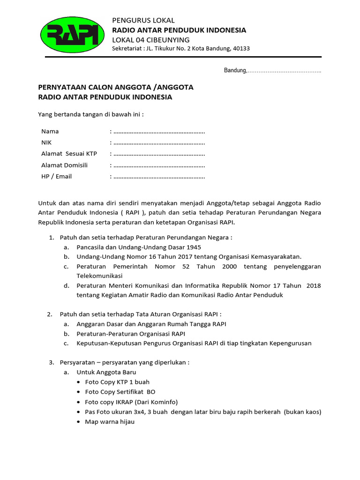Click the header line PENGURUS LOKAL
(143, 20)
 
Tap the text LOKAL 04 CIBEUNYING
(150, 39)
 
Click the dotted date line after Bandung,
(285, 71)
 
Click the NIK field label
(46, 142)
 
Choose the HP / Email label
(56, 177)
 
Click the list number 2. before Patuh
(50, 314)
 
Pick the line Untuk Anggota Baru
(106, 372)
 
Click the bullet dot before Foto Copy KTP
(78, 382)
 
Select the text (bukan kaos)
(303, 412)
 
